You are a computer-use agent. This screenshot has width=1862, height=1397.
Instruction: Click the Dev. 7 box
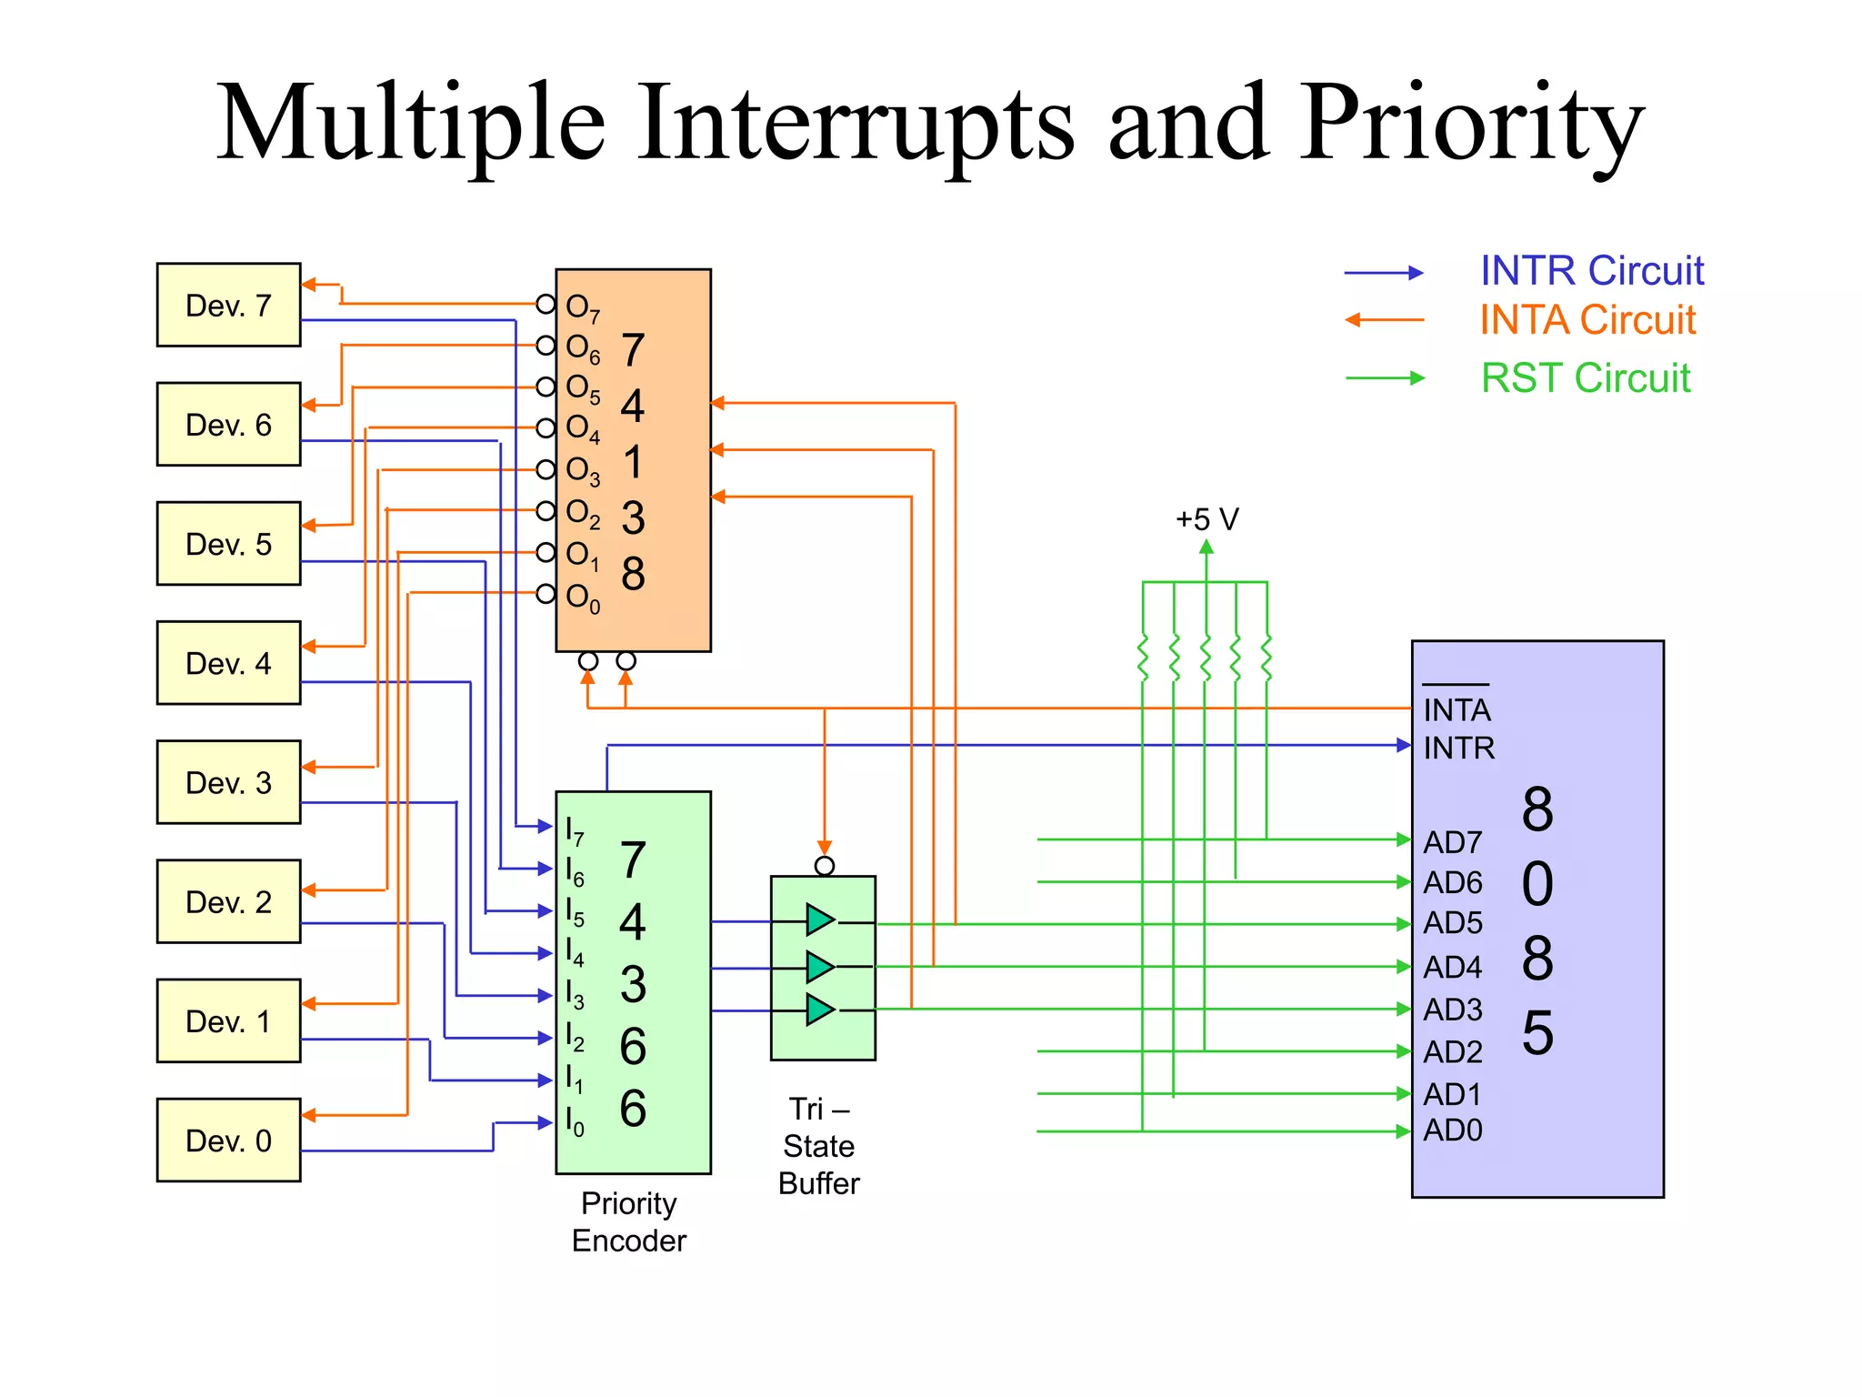[x=228, y=306]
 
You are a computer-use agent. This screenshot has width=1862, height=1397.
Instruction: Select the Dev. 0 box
[x=228, y=1141]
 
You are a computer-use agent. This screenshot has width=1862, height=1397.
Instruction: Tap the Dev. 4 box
[x=228, y=663]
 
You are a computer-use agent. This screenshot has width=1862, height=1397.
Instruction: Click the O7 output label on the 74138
[x=582, y=307]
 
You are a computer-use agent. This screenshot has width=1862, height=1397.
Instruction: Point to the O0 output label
[x=582, y=598]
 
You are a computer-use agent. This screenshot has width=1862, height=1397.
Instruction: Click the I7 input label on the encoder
[x=575, y=830]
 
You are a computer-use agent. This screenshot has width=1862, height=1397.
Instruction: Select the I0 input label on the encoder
[x=575, y=1121]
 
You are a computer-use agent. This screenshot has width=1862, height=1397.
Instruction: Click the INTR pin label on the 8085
[x=1458, y=748]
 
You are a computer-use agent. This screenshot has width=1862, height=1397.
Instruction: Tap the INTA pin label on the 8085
[x=1457, y=709]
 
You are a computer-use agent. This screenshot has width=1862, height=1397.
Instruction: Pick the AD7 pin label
[x=1452, y=842]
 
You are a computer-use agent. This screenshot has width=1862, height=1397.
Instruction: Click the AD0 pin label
[x=1452, y=1131]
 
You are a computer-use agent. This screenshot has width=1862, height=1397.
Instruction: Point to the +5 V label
[x=1206, y=519]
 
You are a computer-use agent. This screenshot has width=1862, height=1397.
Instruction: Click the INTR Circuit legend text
[x=1591, y=271]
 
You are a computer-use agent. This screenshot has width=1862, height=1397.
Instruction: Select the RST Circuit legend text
[x=1585, y=378]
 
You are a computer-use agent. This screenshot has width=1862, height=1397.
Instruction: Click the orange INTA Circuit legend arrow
[x=1384, y=320]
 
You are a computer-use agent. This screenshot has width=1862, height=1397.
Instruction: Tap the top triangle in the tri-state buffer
[x=819, y=920]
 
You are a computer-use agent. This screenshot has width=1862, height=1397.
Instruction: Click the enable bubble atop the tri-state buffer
[x=824, y=866]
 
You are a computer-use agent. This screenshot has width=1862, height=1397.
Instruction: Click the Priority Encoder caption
[x=629, y=1221]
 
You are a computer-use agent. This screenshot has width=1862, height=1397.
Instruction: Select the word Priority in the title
[x=1472, y=123]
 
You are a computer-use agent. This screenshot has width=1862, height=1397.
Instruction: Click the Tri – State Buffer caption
[x=818, y=1146]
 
